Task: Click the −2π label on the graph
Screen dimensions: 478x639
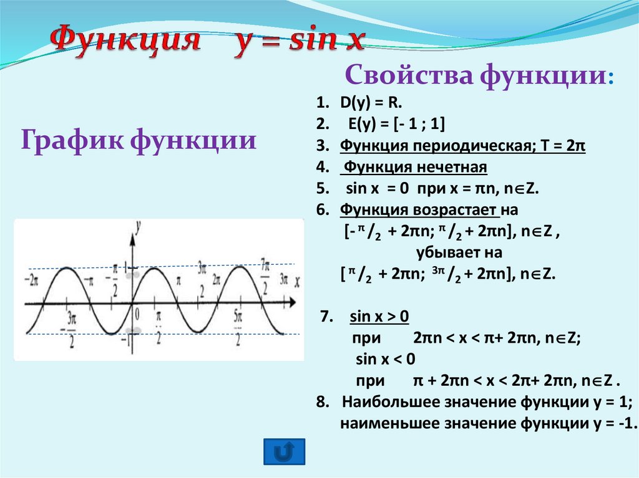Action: pyautogui.click(x=32, y=279)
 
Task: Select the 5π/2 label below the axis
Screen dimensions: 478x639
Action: pyautogui.click(x=238, y=326)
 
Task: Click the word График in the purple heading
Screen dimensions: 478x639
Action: pyautogui.click(x=67, y=139)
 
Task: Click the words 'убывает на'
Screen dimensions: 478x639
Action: pyautogui.click(x=458, y=253)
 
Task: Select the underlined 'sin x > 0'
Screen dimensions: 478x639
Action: pyautogui.click(x=378, y=317)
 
